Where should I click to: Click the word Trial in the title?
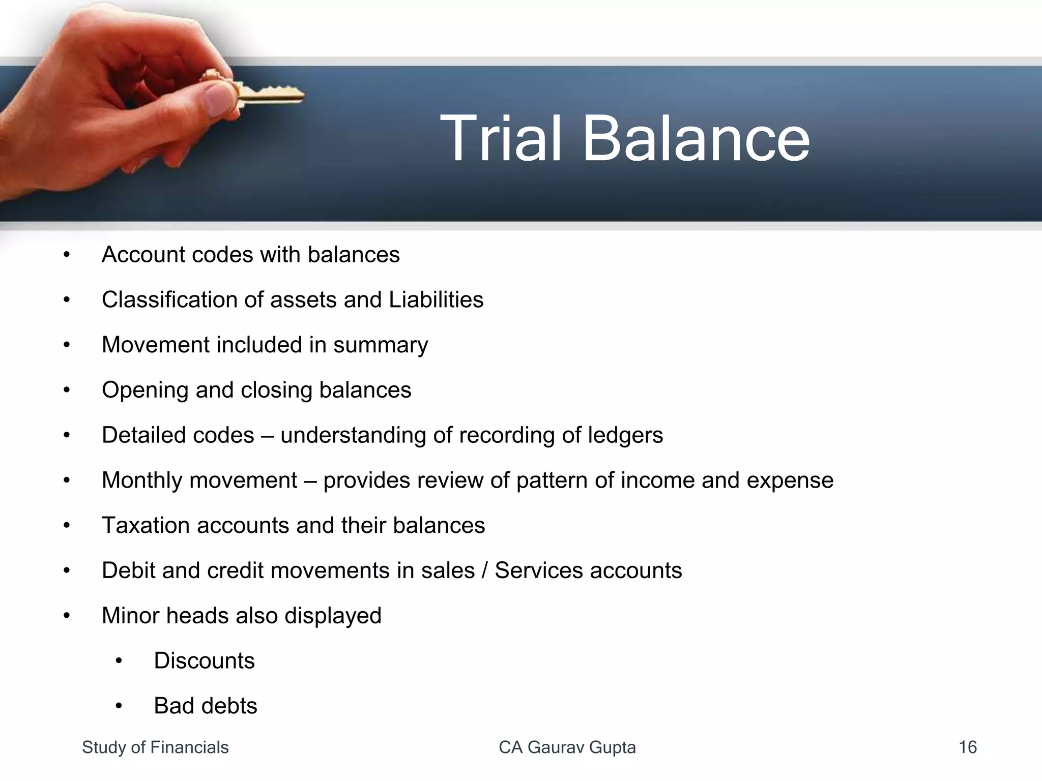click(x=501, y=138)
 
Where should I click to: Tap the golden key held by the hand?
click(x=265, y=94)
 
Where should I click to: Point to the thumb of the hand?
click(x=216, y=99)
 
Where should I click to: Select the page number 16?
click(x=967, y=747)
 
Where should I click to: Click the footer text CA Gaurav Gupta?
click(x=567, y=747)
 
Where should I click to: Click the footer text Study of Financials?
click(x=155, y=747)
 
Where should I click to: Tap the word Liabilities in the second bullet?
click(x=436, y=299)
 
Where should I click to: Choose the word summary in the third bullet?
click(x=381, y=345)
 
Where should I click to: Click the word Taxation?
click(x=146, y=525)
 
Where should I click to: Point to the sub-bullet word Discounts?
click(x=204, y=661)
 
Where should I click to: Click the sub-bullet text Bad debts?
click(x=206, y=706)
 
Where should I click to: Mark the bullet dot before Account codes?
click(x=67, y=255)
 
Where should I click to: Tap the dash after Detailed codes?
click(x=267, y=436)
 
